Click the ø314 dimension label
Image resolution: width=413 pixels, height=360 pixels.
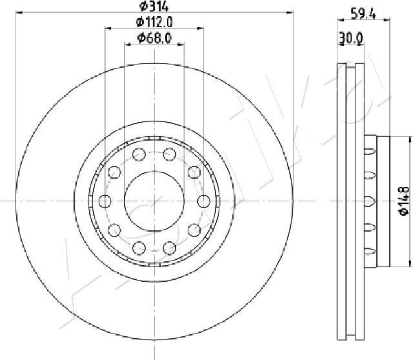(x=154, y=6)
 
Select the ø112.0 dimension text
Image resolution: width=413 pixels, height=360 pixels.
(x=154, y=22)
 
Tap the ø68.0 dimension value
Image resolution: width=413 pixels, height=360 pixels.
(x=154, y=38)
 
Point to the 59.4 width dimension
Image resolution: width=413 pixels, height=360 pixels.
(x=363, y=14)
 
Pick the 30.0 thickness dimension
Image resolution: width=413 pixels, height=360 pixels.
(x=351, y=37)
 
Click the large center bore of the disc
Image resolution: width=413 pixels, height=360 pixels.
(x=154, y=201)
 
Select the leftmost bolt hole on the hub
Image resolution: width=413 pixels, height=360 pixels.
(x=105, y=201)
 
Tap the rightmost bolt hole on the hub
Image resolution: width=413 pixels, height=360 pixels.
(x=204, y=201)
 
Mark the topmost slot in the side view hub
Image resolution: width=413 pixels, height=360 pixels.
(x=370, y=151)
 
